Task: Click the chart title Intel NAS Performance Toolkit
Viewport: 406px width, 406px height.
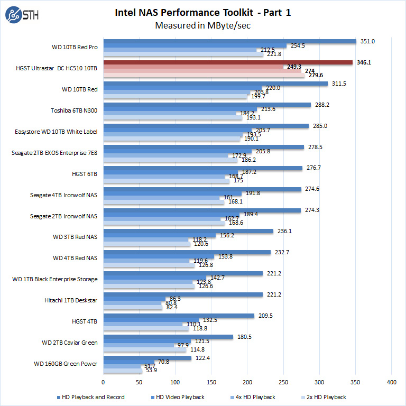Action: [x=202, y=12]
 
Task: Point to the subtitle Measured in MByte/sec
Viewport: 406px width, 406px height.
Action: [x=202, y=25]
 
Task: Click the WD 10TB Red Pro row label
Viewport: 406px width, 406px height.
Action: [x=75, y=47]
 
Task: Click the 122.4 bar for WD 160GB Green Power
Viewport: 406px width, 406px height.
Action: [x=147, y=358]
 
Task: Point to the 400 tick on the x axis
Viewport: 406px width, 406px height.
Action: [x=391, y=381]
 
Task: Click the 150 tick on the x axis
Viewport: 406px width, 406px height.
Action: [x=211, y=381]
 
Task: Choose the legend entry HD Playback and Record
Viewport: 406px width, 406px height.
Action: [x=90, y=397]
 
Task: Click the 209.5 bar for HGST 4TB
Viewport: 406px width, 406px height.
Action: [x=178, y=316]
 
